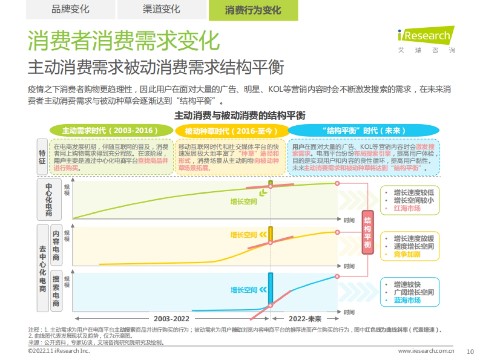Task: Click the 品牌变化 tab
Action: click(x=70, y=10)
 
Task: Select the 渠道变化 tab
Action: click(x=162, y=10)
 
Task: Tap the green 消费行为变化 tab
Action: click(x=253, y=10)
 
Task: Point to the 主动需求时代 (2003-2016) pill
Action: click(x=111, y=131)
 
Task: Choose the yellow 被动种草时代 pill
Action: click(x=231, y=131)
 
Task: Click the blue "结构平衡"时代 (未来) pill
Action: click(x=363, y=131)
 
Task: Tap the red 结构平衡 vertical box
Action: click(x=368, y=232)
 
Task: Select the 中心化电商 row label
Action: click(x=49, y=200)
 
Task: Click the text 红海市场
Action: click(x=407, y=208)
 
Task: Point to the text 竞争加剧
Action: click(x=407, y=254)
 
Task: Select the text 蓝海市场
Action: click(x=407, y=300)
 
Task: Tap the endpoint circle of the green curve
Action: click(x=337, y=183)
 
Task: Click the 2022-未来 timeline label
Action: click(x=305, y=319)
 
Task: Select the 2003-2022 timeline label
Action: click(x=172, y=319)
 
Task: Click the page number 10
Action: click(x=470, y=351)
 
